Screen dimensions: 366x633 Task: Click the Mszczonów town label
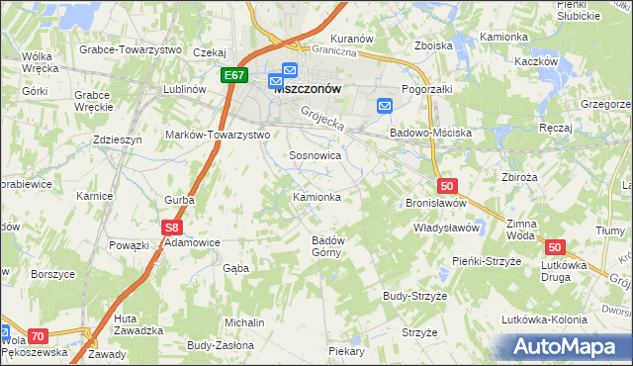[x=308, y=87]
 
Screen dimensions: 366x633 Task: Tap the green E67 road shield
[x=234, y=76]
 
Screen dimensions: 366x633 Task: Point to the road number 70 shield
[x=38, y=336]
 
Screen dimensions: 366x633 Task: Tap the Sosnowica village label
[x=315, y=156]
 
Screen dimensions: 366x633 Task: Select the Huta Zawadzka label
[x=138, y=323]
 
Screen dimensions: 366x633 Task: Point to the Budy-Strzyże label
[x=416, y=296]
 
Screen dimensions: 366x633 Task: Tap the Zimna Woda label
[x=520, y=229]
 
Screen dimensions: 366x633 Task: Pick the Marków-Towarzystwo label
[x=218, y=134]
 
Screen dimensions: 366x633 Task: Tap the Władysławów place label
[x=446, y=228]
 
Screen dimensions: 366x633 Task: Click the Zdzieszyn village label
[x=118, y=140]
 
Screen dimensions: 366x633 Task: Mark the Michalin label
[x=244, y=322]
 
